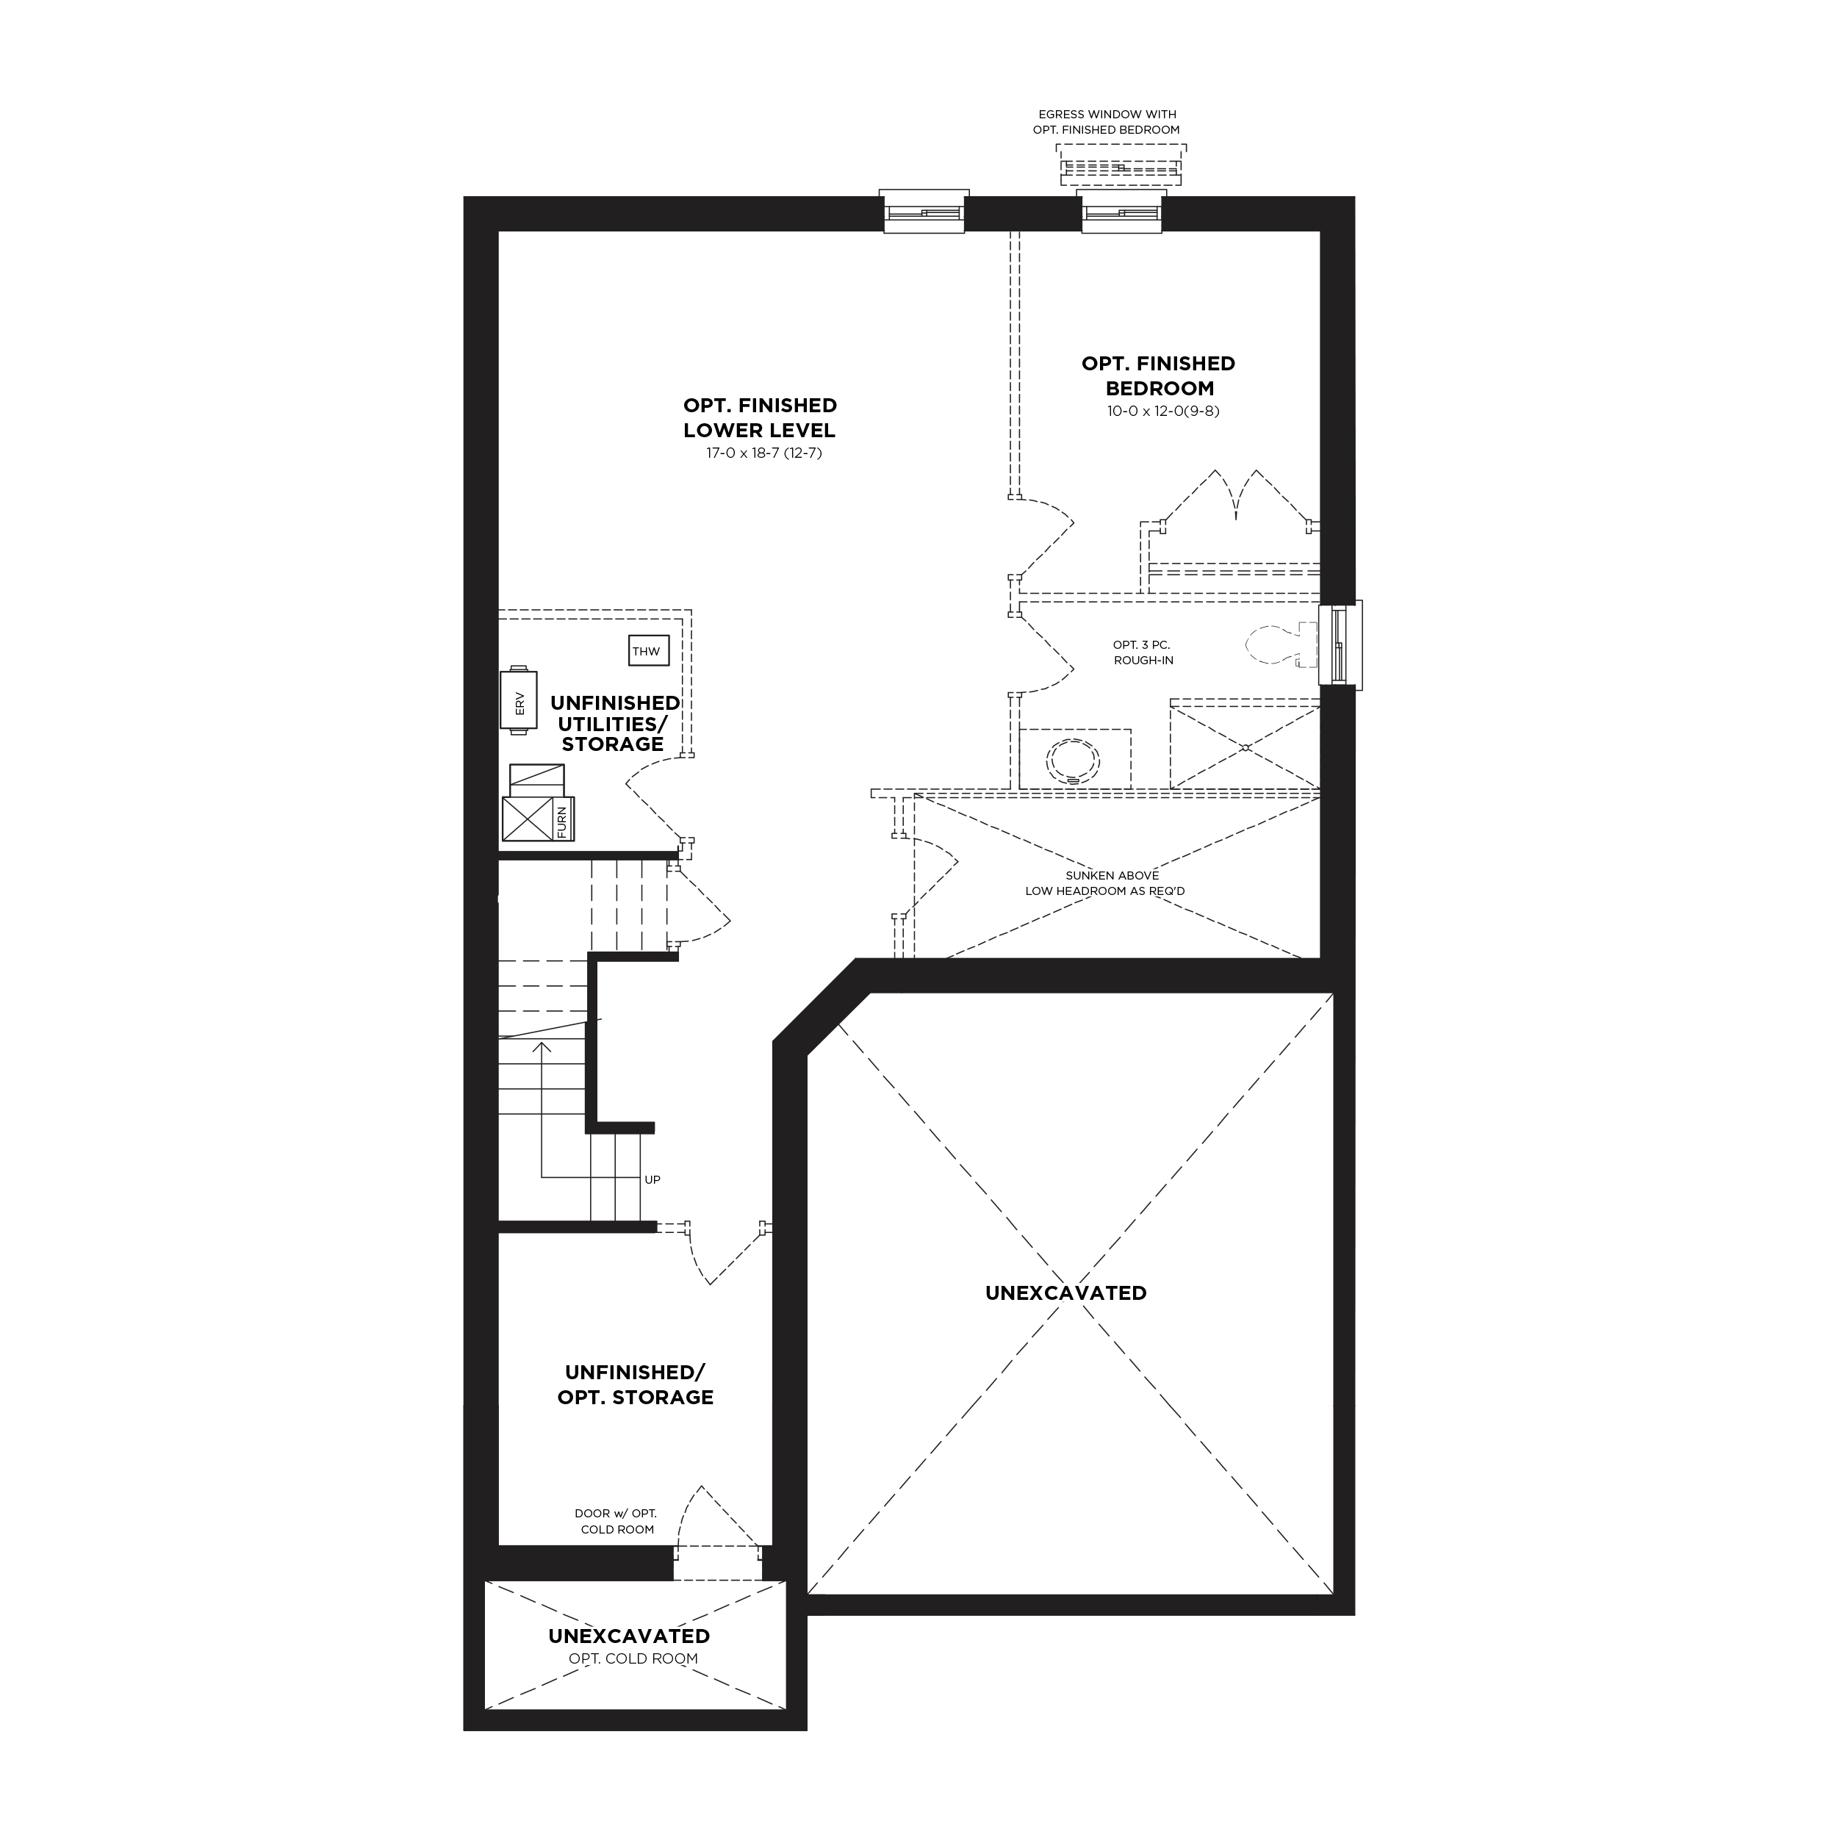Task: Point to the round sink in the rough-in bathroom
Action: click(x=1073, y=761)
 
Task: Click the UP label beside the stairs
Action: click(x=653, y=1180)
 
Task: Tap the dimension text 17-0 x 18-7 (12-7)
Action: click(x=763, y=453)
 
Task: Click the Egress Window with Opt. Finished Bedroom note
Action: click(x=1107, y=122)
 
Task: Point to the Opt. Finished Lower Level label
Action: click(x=760, y=418)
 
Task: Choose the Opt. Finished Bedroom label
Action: click(x=1158, y=375)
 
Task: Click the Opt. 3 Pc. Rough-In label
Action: click(x=1143, y=653)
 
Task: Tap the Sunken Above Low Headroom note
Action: click(x=1105, y=883)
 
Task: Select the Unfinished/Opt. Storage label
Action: click(x=635, y=1384)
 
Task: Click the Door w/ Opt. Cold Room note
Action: click(x=616, y=1521)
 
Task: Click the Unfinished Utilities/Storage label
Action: click(x=614, y=724)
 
